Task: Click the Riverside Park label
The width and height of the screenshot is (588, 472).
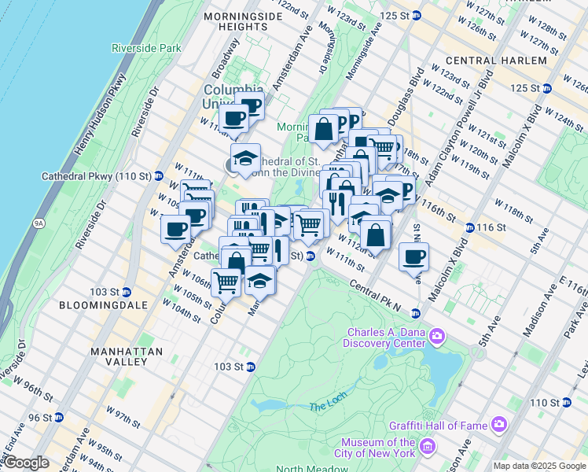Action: (x=146, y=48)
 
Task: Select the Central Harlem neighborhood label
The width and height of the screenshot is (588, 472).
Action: (x=495, y=61)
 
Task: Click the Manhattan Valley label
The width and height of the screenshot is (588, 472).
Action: (x=127, y=356)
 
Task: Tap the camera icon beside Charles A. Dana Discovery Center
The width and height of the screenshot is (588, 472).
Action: (x=437, y=337)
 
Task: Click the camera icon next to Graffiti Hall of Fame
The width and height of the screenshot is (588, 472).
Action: (x=498, y=425)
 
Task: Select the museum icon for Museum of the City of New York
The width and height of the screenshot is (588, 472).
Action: (x=428, y=448)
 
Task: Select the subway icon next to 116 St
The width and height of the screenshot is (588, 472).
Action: (x=469, y=227)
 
